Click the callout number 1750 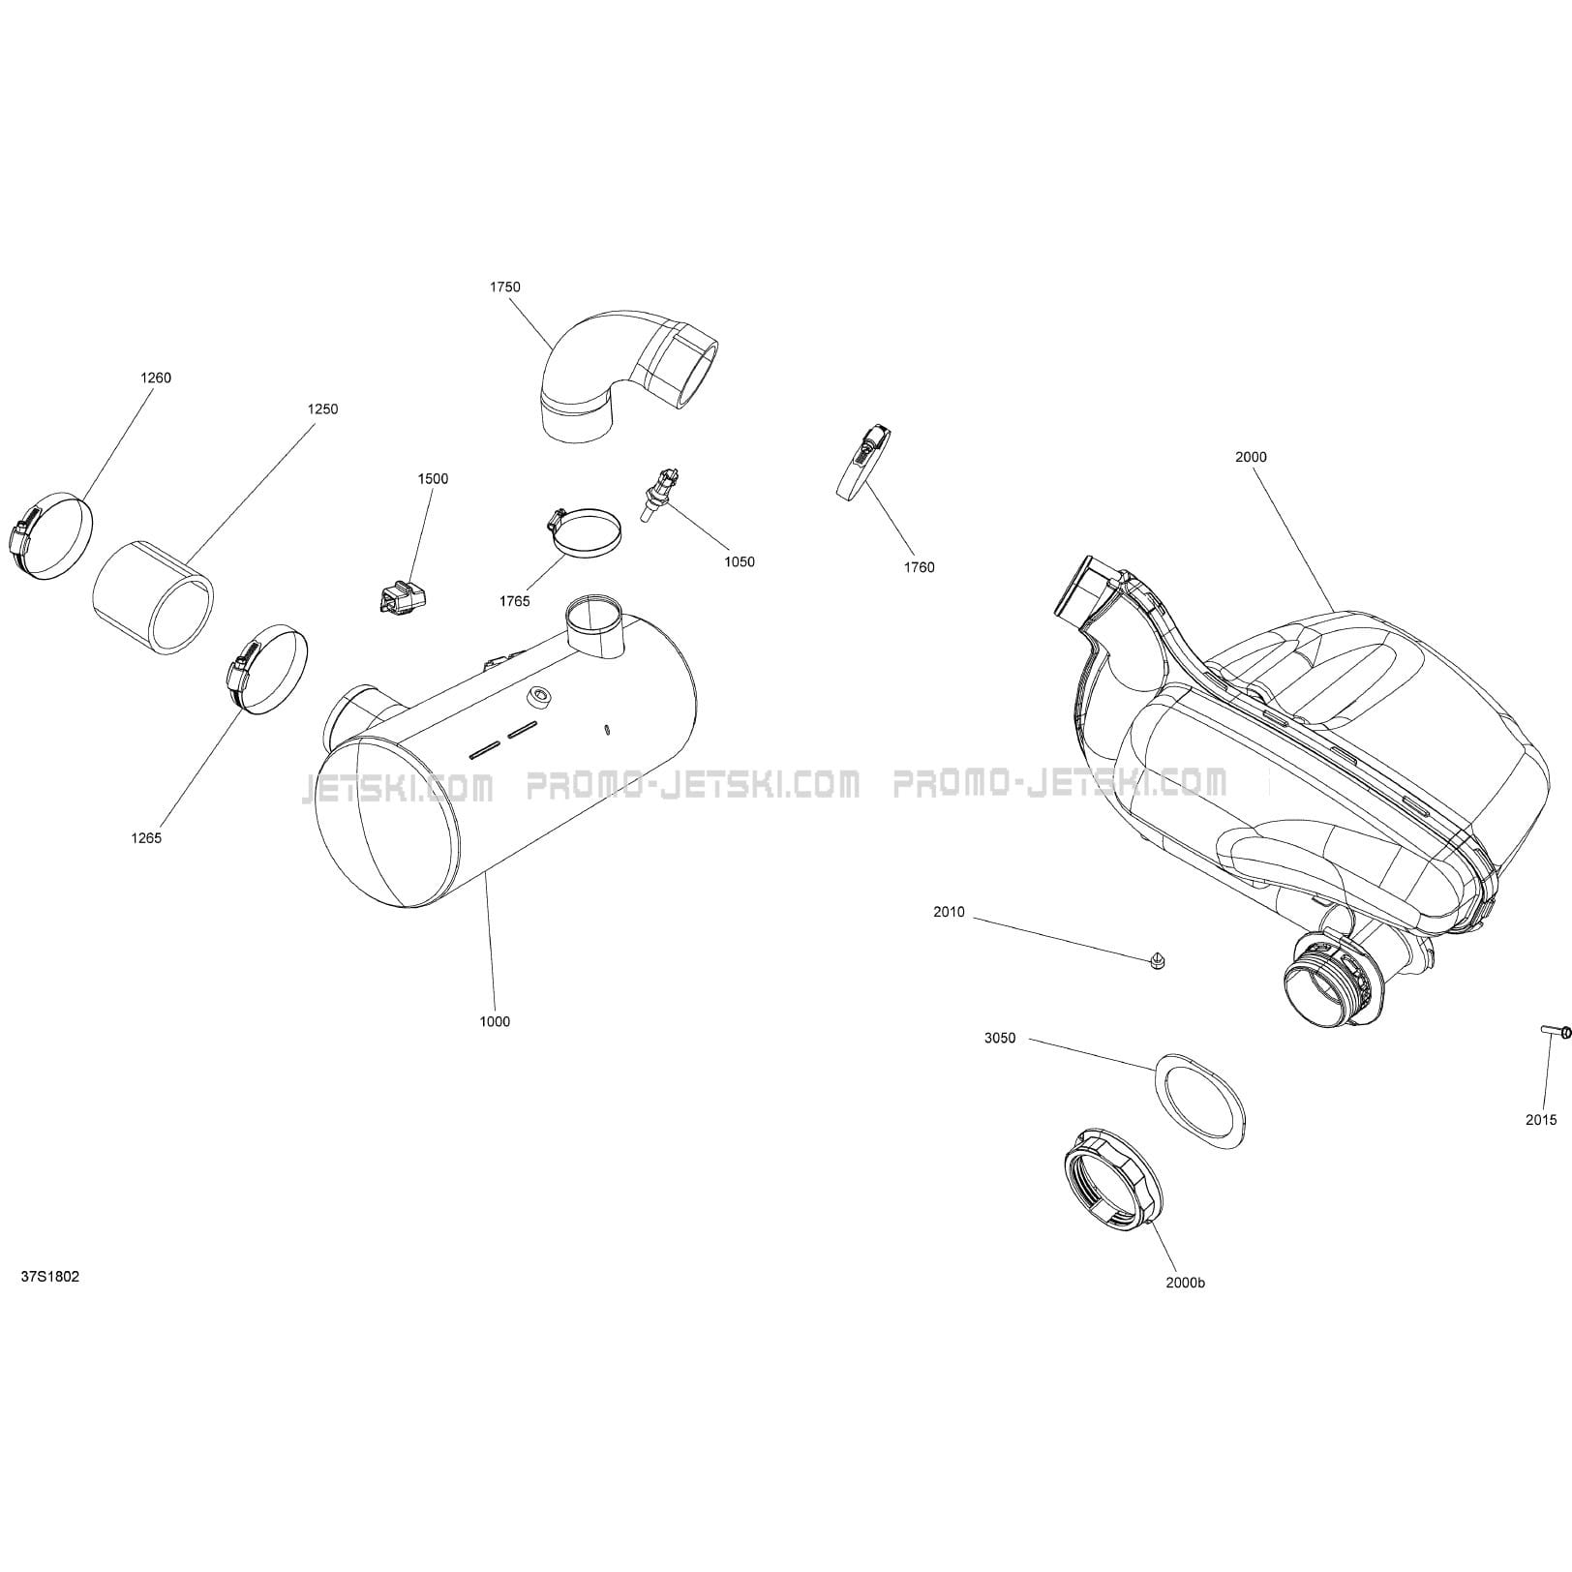(x=504, y=287)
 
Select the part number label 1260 (x=156, y=378)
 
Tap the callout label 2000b (x=1186, y=1283)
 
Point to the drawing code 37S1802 (x=50, y=1277)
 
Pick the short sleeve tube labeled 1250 (x=153, y=597)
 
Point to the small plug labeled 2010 (x=1157, y=959)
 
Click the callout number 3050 (x=1000, y=1039)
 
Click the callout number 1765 (x=515, y=601)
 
